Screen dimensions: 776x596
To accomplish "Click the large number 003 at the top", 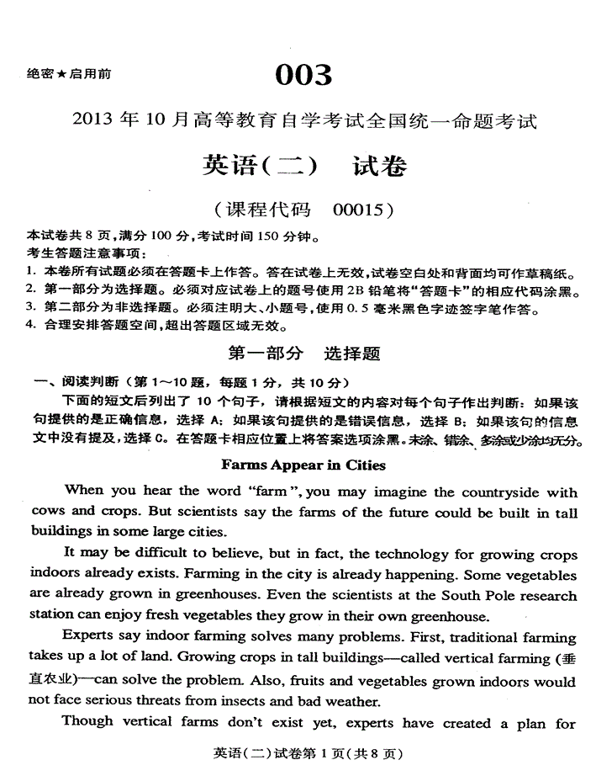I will coord(303,76).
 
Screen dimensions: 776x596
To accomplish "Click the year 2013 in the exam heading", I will coord(96,122).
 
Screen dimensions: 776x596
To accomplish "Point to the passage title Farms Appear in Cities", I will coord(303,465).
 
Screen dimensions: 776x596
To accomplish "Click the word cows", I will coord(46,511).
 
